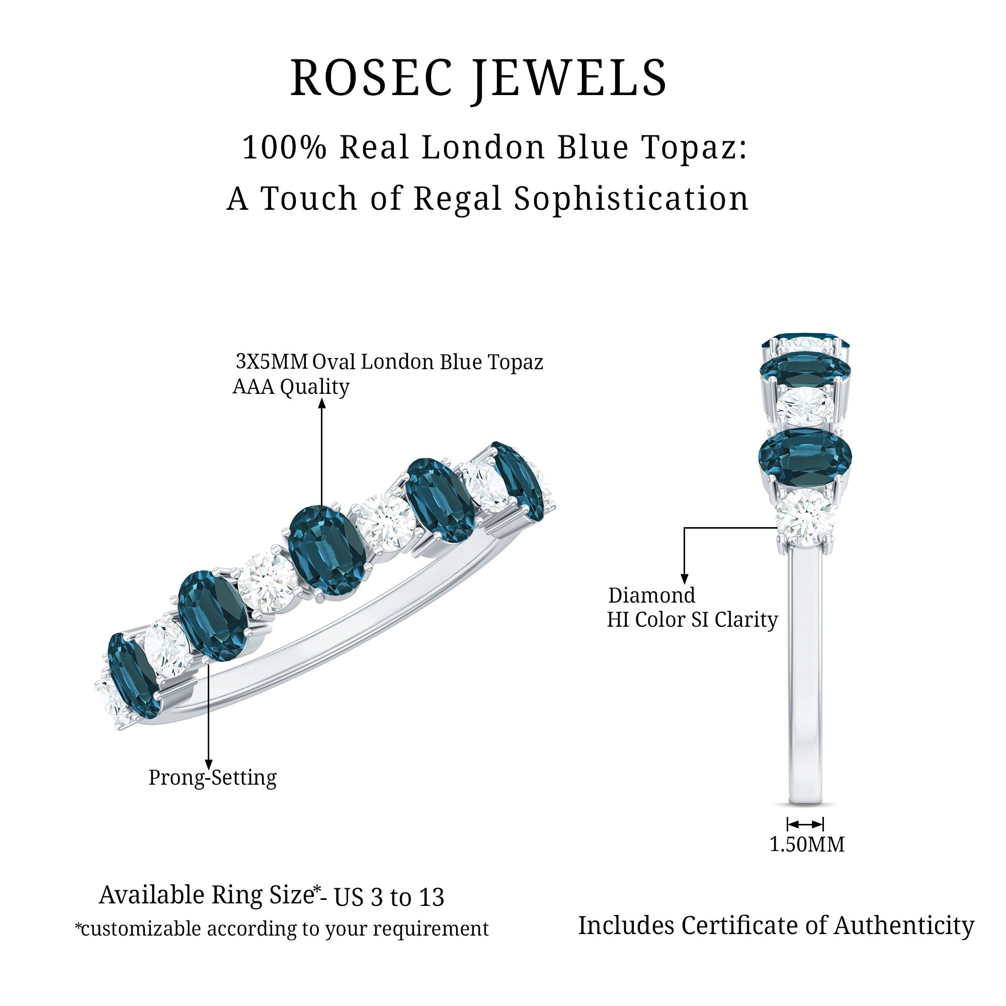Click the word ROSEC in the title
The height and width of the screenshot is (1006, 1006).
point(371,78)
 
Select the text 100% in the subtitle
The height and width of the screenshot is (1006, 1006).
point(284,147)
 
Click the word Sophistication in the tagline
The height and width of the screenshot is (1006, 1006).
point(631,199)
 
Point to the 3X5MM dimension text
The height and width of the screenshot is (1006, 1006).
point(271,361)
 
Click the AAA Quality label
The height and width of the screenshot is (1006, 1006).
point(291,387)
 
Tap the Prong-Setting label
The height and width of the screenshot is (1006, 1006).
point(212,778)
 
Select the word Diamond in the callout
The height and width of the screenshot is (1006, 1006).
point(651,595)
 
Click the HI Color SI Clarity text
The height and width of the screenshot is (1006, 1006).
point(692,620)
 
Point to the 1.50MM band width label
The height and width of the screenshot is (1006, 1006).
point(807,845)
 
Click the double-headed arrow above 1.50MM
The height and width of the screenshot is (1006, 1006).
point(805,824)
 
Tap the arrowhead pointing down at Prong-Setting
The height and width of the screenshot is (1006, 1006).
point(208,765)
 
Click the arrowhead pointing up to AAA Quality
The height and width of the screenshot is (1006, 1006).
point(322,403)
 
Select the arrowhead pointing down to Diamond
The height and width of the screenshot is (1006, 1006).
point(684,579)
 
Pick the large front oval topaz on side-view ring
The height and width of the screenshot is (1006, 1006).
point(804,456)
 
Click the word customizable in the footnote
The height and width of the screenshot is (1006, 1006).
point(141,929)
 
